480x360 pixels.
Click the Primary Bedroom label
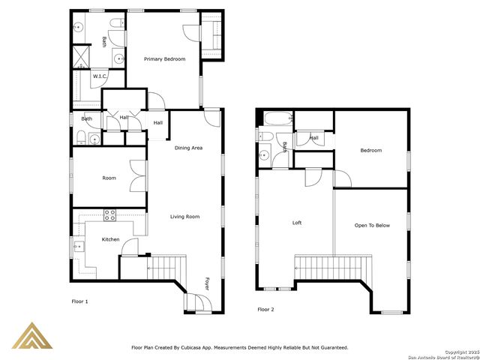[x=164, y=59]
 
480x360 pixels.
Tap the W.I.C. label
[x=99, y=76]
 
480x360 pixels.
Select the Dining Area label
[x=188, y=148]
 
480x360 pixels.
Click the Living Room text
[x=184, y=217]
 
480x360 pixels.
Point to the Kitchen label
[x=110, y=239]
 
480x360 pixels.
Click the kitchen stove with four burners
[x=109, y=214]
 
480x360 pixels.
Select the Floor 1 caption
[x=79, y=301]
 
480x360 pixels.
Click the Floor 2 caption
[x=267, y=309]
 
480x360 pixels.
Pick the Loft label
[x=296, y=223]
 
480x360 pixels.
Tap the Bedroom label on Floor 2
[x=370, y=151]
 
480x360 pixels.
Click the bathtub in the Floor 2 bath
[x=274, y=118]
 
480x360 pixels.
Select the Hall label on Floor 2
[x=313, y=138]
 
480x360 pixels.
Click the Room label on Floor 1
[x=109, y=178]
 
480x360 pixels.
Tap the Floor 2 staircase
[x=333, y=266]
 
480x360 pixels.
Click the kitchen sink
[x=78, y=244]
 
